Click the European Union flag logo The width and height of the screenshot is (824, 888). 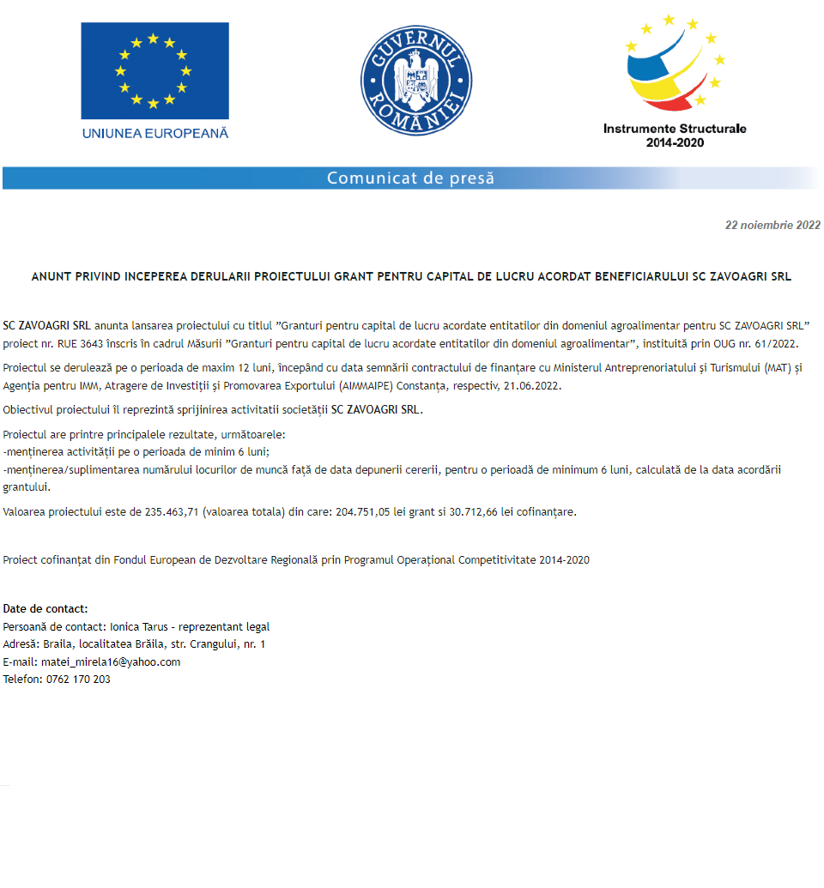(x=154, y=71)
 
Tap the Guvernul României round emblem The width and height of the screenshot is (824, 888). (x=416, y=80)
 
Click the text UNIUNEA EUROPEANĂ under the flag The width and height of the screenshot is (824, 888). (x=155, y=133)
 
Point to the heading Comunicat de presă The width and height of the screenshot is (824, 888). (x=410, y=178)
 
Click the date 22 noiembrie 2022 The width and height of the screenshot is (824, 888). (x=772, y=226)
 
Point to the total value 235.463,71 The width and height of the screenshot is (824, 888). (x=171, y=512)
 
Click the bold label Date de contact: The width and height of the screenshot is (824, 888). (x=45, y=609)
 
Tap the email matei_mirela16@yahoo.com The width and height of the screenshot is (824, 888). (x=111, y=662)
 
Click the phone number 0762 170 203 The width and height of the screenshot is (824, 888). (x=78, y=680)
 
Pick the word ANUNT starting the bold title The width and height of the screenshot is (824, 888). (x=50, y=277)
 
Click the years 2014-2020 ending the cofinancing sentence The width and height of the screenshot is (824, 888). (x=564, y=560)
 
